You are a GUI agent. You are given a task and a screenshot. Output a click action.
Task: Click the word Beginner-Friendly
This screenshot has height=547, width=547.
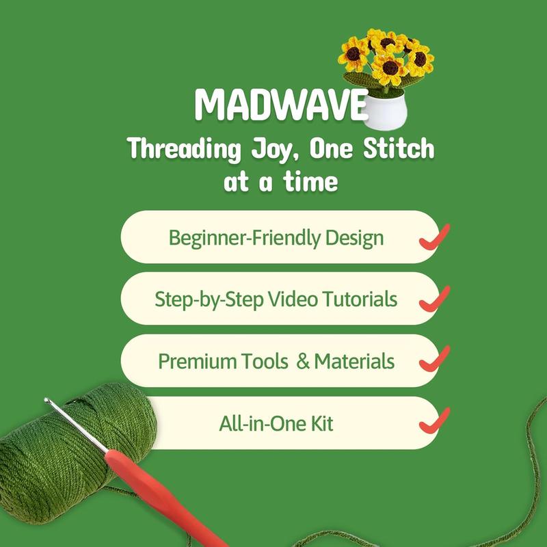coord(239,238)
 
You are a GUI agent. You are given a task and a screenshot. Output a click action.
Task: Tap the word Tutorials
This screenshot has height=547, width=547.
coord(362,299)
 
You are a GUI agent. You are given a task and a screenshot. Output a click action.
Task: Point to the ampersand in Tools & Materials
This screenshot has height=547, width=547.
coord(303,361)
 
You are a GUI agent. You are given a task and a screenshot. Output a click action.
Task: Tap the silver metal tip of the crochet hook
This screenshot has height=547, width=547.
coord(72,423)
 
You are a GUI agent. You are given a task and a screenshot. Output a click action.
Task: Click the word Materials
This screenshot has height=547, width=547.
coord(356,361)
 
